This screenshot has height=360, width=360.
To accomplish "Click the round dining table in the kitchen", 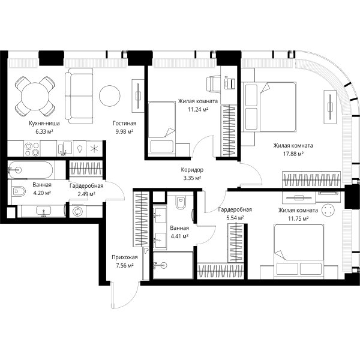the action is tap(35, 97).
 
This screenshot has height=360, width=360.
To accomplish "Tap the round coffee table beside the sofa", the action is tap(110, 96).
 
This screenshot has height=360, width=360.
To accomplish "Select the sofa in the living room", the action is tap(79, 96).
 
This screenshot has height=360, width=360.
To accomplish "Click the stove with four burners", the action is tap(32, 149).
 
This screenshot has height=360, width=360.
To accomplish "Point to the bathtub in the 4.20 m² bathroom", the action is tap(31, 170).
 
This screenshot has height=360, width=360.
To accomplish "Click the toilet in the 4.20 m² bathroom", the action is tap(18, 191).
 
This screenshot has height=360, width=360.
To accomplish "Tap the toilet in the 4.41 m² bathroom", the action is tap(181, 202).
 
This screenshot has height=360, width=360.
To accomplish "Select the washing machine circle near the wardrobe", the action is tap(77, 211).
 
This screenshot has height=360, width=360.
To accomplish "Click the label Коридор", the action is tap(192, 170).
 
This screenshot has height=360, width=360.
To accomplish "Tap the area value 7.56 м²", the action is tap(125, 266).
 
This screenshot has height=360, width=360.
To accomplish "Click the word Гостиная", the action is tap(124, 123).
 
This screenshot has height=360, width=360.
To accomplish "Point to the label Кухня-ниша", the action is tap(44, 123).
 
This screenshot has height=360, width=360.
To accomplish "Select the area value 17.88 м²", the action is tap(293, 154).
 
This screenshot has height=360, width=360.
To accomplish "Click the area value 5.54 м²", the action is tap(235, 218).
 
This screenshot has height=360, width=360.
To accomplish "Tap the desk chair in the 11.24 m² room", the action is tap(213, 83).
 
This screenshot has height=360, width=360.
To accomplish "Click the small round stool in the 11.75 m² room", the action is tap(328, 210).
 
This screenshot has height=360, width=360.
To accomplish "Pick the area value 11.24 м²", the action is tap(198, 110).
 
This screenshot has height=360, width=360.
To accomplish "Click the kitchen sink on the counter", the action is tap(65, 148).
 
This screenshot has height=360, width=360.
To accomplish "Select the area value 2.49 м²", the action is tap(86, 194).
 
